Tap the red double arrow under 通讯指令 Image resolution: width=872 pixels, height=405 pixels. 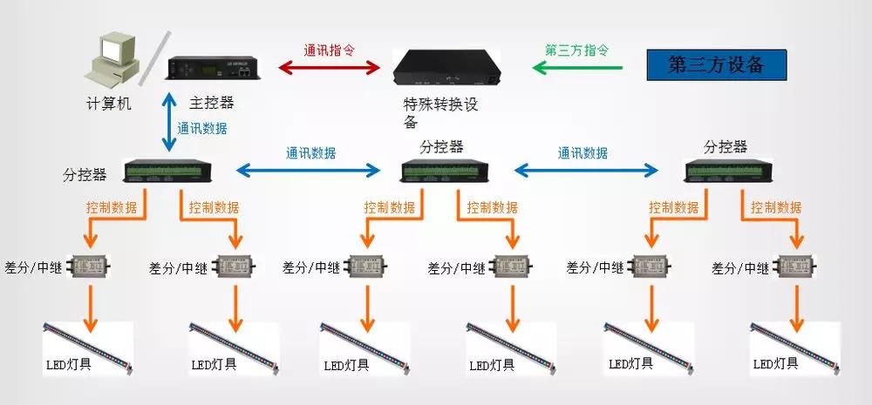pos(330,66)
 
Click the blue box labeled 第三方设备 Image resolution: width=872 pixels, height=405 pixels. pos(716,64)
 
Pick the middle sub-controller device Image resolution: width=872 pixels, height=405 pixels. pos(446,171)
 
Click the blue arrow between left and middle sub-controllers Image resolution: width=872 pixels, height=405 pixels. pos(310,168)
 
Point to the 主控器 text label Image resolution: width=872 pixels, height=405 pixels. pos(212,103)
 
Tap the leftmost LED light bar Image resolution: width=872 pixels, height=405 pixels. pos(88,342)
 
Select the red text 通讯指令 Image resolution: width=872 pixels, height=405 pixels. pos(329,51)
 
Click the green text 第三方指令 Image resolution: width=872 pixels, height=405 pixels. pos(576,50)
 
